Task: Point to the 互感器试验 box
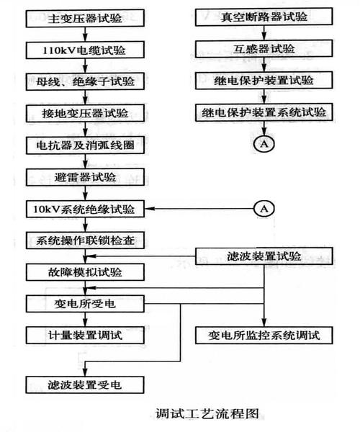tap(264, 50)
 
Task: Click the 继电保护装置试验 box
tap(264, 82)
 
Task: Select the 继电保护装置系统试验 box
tap(264, 114)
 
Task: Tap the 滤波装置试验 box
tap(264, 256)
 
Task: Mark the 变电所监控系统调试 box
tap(264, 335)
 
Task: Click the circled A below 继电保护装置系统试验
tap(264, 145)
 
